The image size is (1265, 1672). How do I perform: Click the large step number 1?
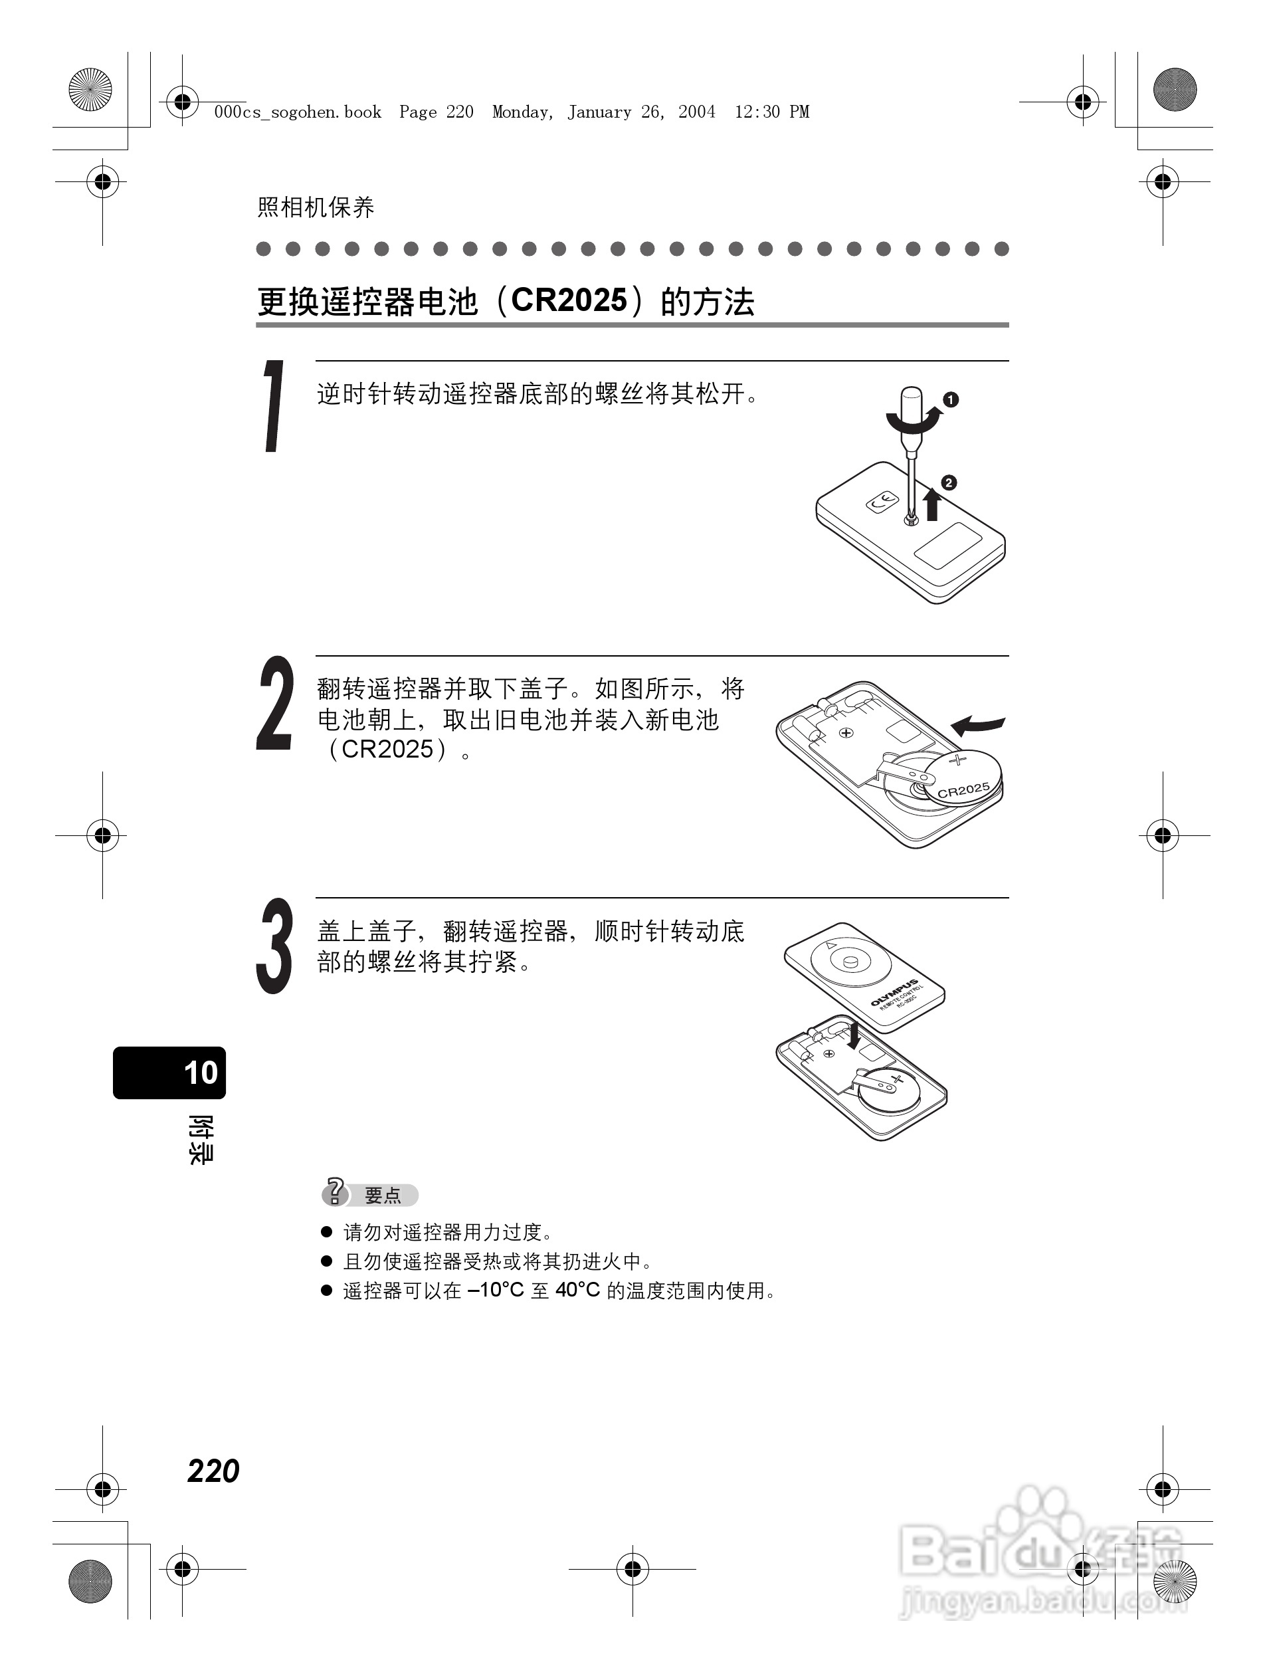274,406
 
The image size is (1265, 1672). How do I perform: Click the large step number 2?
275,703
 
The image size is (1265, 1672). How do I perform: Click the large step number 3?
274,946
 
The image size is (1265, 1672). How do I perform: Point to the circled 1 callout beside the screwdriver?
951,399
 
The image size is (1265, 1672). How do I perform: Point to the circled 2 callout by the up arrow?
948,482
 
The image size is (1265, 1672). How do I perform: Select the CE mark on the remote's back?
882,500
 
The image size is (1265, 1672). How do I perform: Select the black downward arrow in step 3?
854,1035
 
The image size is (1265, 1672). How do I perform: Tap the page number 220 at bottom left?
213,1471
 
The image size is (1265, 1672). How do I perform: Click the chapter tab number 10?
200,1073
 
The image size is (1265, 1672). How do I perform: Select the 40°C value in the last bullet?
577,1291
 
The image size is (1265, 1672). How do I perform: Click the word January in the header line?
599,112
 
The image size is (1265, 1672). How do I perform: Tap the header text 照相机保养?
316,207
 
